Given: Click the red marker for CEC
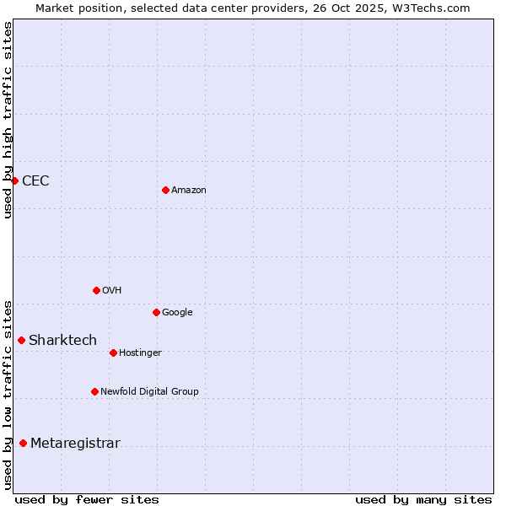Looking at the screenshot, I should tap(14, 180).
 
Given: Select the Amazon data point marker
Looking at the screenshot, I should tap(165, 190).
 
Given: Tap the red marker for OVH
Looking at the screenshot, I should tap(96, 290).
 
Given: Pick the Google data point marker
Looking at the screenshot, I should tap(156, 312).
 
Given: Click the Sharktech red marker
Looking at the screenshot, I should tap(21, 340).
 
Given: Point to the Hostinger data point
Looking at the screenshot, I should tap(113, 353).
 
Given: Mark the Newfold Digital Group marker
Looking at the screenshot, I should tap(94, 391).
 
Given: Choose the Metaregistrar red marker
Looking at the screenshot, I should tap(23, 443).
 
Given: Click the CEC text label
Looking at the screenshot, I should tap(35, 180).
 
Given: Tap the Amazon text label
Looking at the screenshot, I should tap(189, 190).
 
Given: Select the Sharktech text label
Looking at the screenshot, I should tap(62, 340).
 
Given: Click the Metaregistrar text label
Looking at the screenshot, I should tap(75, 443).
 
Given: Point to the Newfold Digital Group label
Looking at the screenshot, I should tap(149, 391).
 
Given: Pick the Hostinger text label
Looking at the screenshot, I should tap(140, 353).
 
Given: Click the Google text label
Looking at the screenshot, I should tap(177, 312).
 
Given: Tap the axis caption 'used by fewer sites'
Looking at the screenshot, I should tap(87, 499).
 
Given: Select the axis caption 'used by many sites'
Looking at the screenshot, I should tap(423, 499).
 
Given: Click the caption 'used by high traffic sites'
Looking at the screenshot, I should tap(8, 120).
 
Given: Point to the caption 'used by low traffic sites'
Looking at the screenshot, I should tap(8, 394).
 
